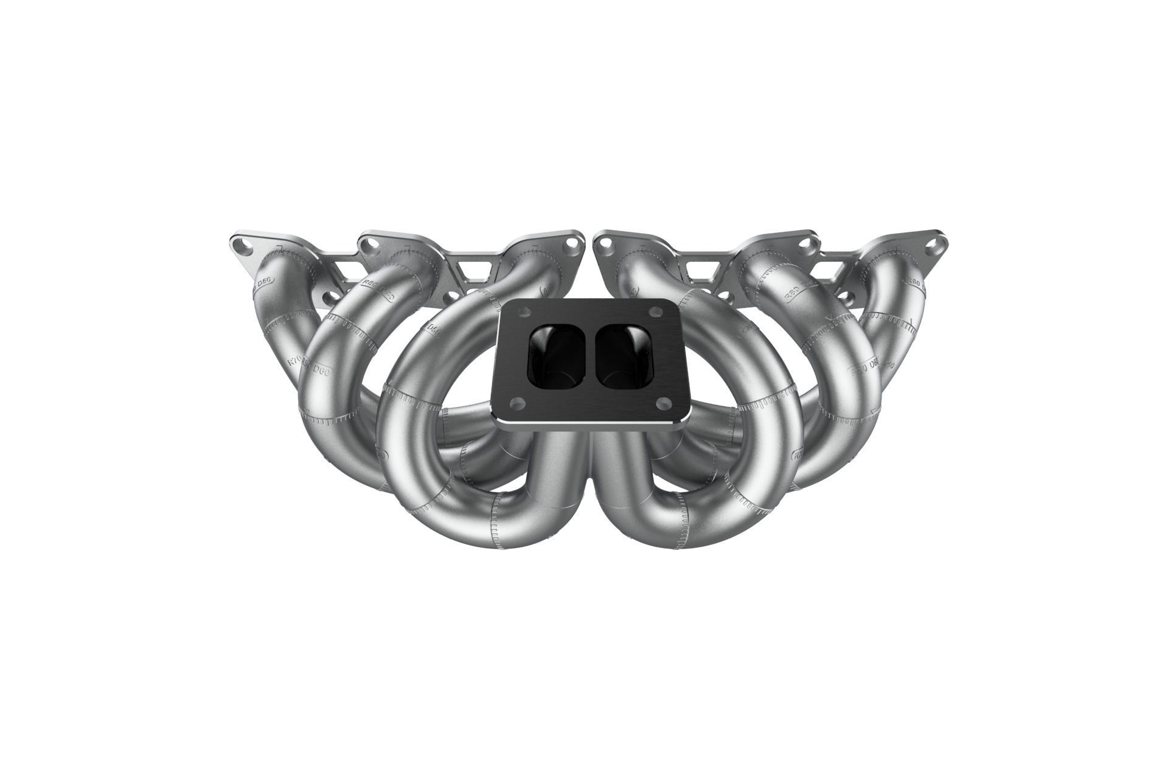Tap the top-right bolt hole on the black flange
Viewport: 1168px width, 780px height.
click(655, 312)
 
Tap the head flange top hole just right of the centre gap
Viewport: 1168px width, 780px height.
click(605, 243)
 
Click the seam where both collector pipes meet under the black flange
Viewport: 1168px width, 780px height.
click(588, 462)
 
